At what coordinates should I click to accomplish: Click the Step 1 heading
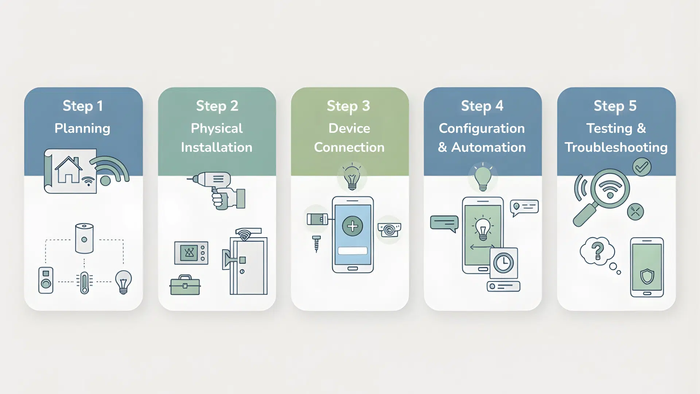(83, 106)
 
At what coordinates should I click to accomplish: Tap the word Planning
(82, 128)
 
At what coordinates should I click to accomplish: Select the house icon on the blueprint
(68, 170)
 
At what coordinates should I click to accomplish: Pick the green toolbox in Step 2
(185, 285)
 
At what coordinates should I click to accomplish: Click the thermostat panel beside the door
(191, 253)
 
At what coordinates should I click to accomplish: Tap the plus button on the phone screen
(352, 226)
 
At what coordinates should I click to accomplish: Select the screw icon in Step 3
(316, 244)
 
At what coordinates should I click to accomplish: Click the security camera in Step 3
(389, 230)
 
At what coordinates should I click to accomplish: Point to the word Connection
(349, 147)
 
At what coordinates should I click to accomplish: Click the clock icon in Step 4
(503, 263)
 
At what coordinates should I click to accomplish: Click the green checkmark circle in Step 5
(641, 167)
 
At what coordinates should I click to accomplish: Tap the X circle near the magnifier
(635, 212)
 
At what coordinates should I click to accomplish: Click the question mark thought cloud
(597, 251)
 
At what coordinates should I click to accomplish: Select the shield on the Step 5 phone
(647, 276)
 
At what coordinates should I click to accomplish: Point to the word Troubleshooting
(616, 147)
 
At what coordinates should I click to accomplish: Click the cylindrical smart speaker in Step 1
(84, 239)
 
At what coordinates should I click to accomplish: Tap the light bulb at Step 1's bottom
(123, 282)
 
